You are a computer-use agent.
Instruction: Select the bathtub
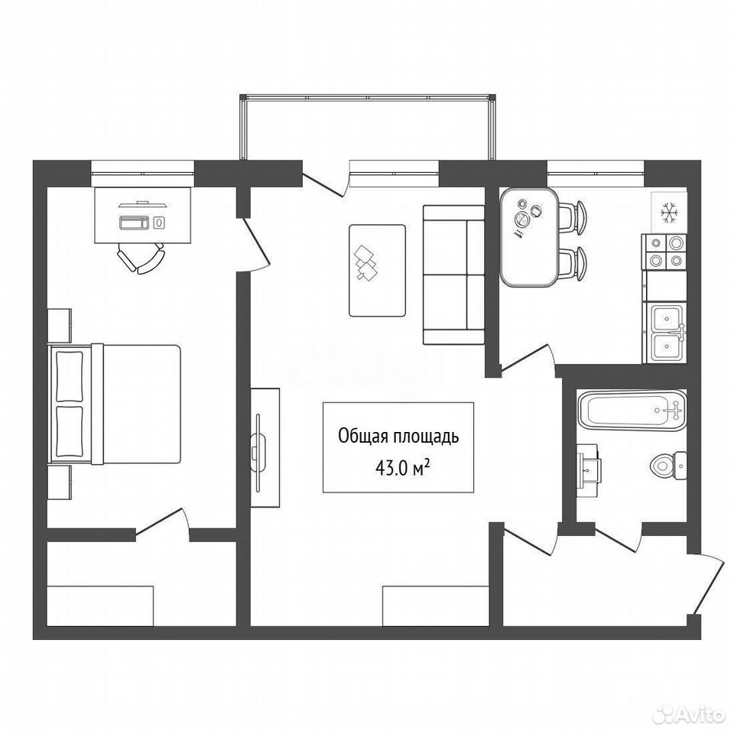coord(632,410)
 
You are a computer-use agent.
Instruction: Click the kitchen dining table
coord(529,237)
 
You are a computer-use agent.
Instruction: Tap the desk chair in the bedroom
coord(141,258)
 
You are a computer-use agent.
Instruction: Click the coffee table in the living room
coord(377,271)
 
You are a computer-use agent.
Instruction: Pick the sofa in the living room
coord(453,274)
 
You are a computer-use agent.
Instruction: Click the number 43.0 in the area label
coord(391,469)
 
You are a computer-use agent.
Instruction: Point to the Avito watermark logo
coord(693,713)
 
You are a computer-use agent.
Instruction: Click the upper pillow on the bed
coord(70,376)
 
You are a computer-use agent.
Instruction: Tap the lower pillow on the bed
coord(70,431)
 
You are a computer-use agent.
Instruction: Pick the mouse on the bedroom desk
coord(159,222)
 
